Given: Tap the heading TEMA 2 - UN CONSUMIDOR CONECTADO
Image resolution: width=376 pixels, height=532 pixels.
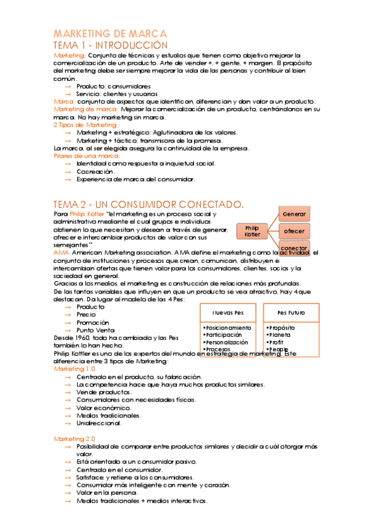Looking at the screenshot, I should pyautogui.click(x=149, y=205).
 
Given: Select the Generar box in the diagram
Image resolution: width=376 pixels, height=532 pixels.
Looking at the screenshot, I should pyautogui.click(x=294, y=214).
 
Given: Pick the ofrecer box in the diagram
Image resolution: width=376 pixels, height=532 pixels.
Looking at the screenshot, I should pyautogui.click(x=294, y=231).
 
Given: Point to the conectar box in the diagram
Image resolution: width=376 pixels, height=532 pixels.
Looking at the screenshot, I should pyautogui.click(x=294, y=248).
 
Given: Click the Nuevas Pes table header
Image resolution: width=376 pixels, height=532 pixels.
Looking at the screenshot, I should pyautogui.click(x=228, y=312).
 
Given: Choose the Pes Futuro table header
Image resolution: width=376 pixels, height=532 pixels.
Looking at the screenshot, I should pyautogui.click(x=291, y=312).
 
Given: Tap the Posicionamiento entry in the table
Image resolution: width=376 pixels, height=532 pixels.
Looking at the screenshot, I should pyautogui.click(x=228, y=327).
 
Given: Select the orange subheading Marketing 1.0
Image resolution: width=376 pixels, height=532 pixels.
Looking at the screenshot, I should pyautogui.click(x=74, y=369).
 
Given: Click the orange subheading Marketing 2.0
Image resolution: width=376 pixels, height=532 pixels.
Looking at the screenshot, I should pyautogui.click(x=74, y=438).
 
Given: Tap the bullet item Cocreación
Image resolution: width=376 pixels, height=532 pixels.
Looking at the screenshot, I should pyautogui.click(x=95, y=171).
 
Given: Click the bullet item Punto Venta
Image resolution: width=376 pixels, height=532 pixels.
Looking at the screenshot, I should pyautogui.click(x=95, y=330).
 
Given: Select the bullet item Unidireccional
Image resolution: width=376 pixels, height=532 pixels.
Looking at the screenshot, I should pyautogui.click(x=99, y=422).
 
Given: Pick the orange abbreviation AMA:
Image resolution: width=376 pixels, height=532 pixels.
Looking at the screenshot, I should pyautogui.click(x=62, y=252).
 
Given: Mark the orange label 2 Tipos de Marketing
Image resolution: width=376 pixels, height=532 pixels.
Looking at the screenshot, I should pyautogui.click(x=85, y=125).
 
